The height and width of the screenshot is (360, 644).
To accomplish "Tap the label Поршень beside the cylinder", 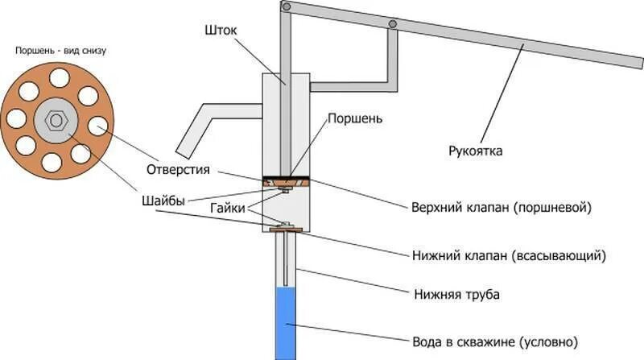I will click(x=354, y=118).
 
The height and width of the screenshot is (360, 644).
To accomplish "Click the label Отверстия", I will click(x=178, y=170).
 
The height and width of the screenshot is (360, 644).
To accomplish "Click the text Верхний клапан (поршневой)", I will click(x=502, y=207).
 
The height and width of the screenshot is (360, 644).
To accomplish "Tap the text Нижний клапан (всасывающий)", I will click(x=508, y=256).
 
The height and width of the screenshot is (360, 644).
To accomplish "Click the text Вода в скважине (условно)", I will click(x=495, y=340).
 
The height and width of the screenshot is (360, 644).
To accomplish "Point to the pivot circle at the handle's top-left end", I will click(x=286, y=6).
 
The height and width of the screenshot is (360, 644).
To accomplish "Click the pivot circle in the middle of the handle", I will click(x=392, y=24).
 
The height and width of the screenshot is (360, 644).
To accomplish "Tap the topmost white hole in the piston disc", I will click(x=59, y=77).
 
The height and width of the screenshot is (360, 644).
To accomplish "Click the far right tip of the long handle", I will click(x=638, y=66).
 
